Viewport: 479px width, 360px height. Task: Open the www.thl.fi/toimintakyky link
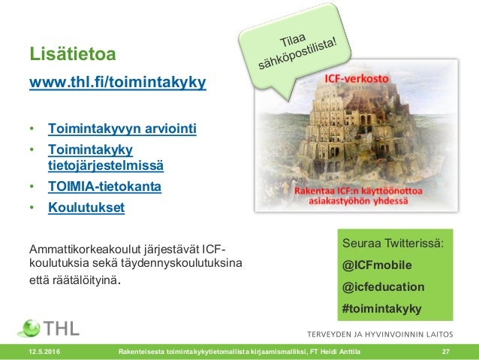(x=116, y=81)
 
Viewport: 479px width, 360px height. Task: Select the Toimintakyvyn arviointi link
(x=122, y=129)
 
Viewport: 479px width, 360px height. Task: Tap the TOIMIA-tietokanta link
(x=104, y=185)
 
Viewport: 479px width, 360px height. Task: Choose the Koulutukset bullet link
(x=86, y=206)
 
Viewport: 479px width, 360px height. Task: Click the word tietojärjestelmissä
(x=106, y=165)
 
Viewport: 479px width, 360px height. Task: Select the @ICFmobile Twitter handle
(x=377, y=265)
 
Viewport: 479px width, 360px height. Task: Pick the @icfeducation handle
(x=383, y=286)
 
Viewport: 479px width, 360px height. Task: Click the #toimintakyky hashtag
(x=381, y=308)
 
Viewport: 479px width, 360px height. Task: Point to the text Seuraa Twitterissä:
(x=393, y=244)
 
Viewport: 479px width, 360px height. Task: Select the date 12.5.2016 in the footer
(x=44, y=352)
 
